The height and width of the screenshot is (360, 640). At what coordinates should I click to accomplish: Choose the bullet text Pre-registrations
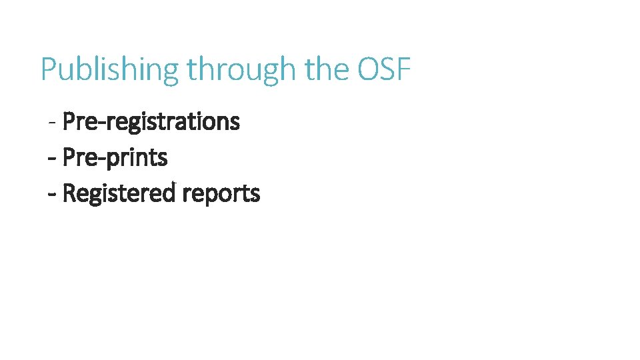point(151,122)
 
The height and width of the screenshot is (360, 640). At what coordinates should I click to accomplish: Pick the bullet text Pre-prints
point(115,158)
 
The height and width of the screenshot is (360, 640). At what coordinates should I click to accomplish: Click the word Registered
point(119,194)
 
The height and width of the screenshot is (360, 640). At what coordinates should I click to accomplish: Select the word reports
point(221,194)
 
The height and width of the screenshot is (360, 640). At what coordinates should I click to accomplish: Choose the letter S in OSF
point(386,69)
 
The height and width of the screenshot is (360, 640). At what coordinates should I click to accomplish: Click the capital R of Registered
point(69,194)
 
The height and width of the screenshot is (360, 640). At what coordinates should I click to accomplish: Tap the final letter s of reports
point(255,195)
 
